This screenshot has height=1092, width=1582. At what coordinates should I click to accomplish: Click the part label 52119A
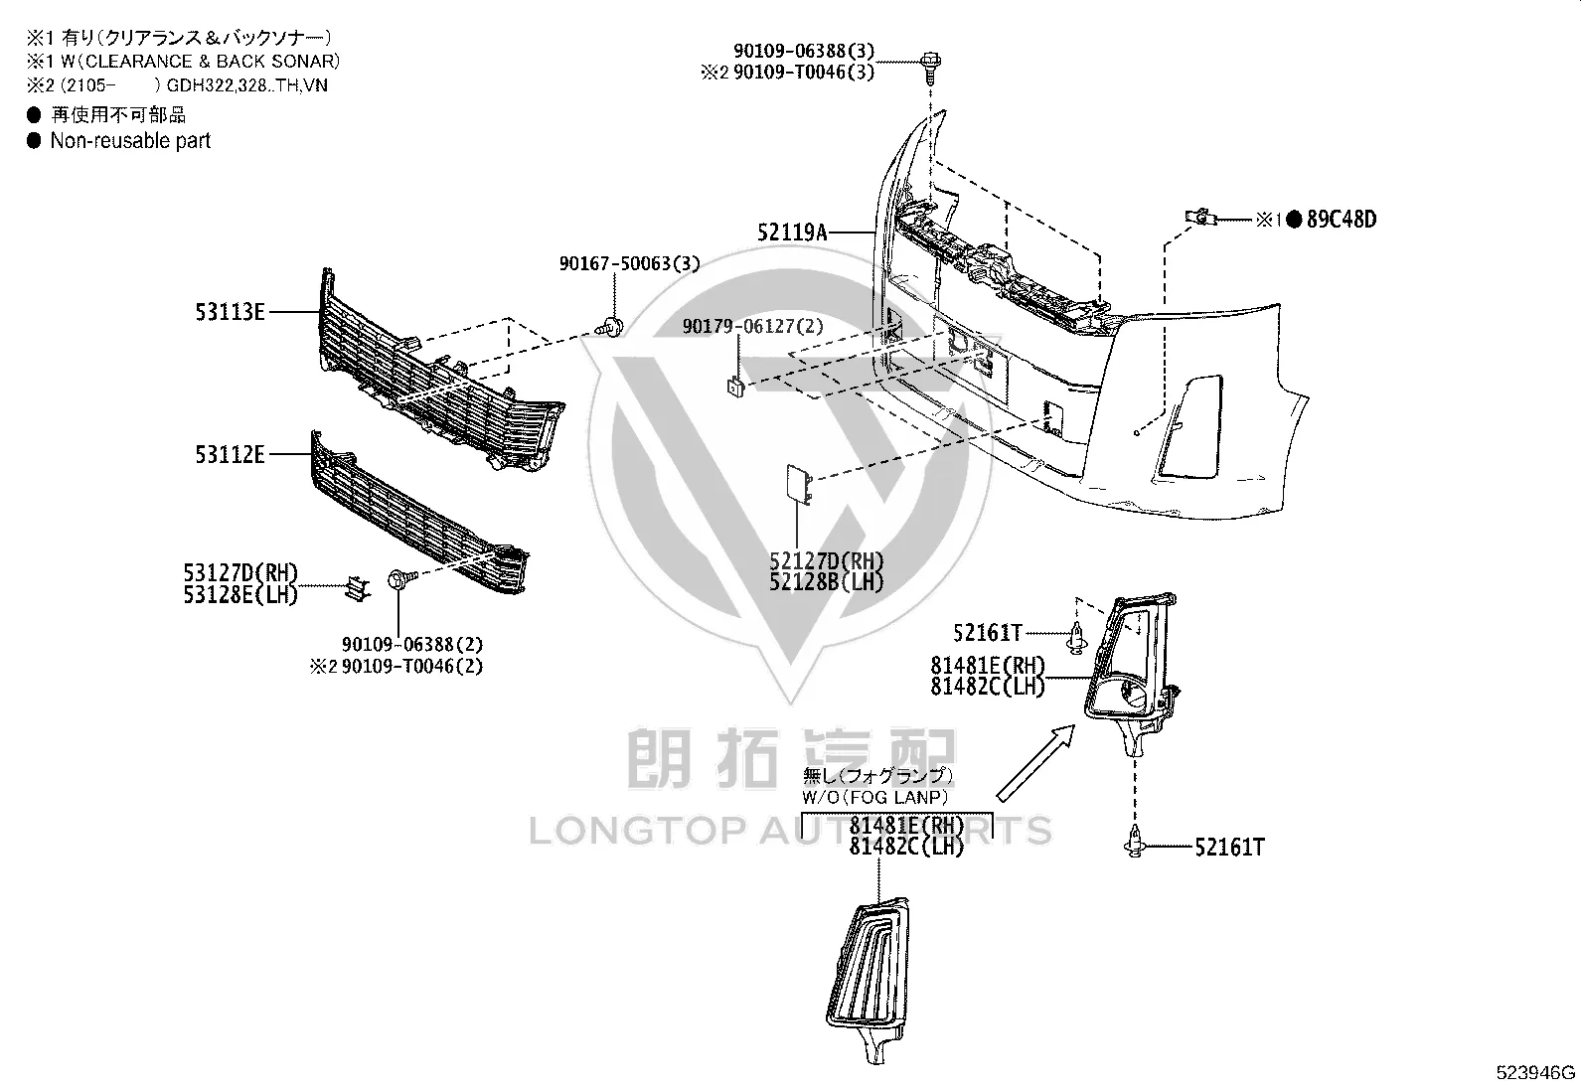click(x=792, y=233)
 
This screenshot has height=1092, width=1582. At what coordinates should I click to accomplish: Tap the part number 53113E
click(x=231, y=311)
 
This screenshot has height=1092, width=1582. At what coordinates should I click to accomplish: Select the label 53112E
click(x=230, y=454)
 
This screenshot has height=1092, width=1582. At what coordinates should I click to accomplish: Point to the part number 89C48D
click(x=1342, y=220)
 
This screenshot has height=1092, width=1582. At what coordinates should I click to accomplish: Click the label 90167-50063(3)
click(x=629, y=263)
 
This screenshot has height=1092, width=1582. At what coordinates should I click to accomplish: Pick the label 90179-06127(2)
click(x=753, y=326)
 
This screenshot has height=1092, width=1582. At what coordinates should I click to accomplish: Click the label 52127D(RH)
click(x=827, y=560)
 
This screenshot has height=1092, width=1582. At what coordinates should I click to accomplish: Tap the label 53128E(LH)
click(x=240, y=595)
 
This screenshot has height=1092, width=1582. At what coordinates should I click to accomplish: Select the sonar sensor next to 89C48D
click(x=1200, y=217)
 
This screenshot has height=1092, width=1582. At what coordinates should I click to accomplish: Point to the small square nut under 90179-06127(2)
click(x=736, y=388)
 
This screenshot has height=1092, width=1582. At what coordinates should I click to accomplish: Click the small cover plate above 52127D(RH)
click(x=800, y=485)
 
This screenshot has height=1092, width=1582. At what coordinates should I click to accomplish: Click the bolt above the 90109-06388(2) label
click(x=402, y=580)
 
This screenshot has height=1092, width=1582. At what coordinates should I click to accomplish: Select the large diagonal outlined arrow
click(x=1035, y=763)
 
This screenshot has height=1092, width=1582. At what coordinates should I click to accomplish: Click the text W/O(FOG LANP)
click(x=875, y=798)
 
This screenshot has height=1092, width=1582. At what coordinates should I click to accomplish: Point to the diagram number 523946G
click(x=1535, y=1072)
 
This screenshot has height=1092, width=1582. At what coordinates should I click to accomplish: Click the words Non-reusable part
click(x=130, y=140)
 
